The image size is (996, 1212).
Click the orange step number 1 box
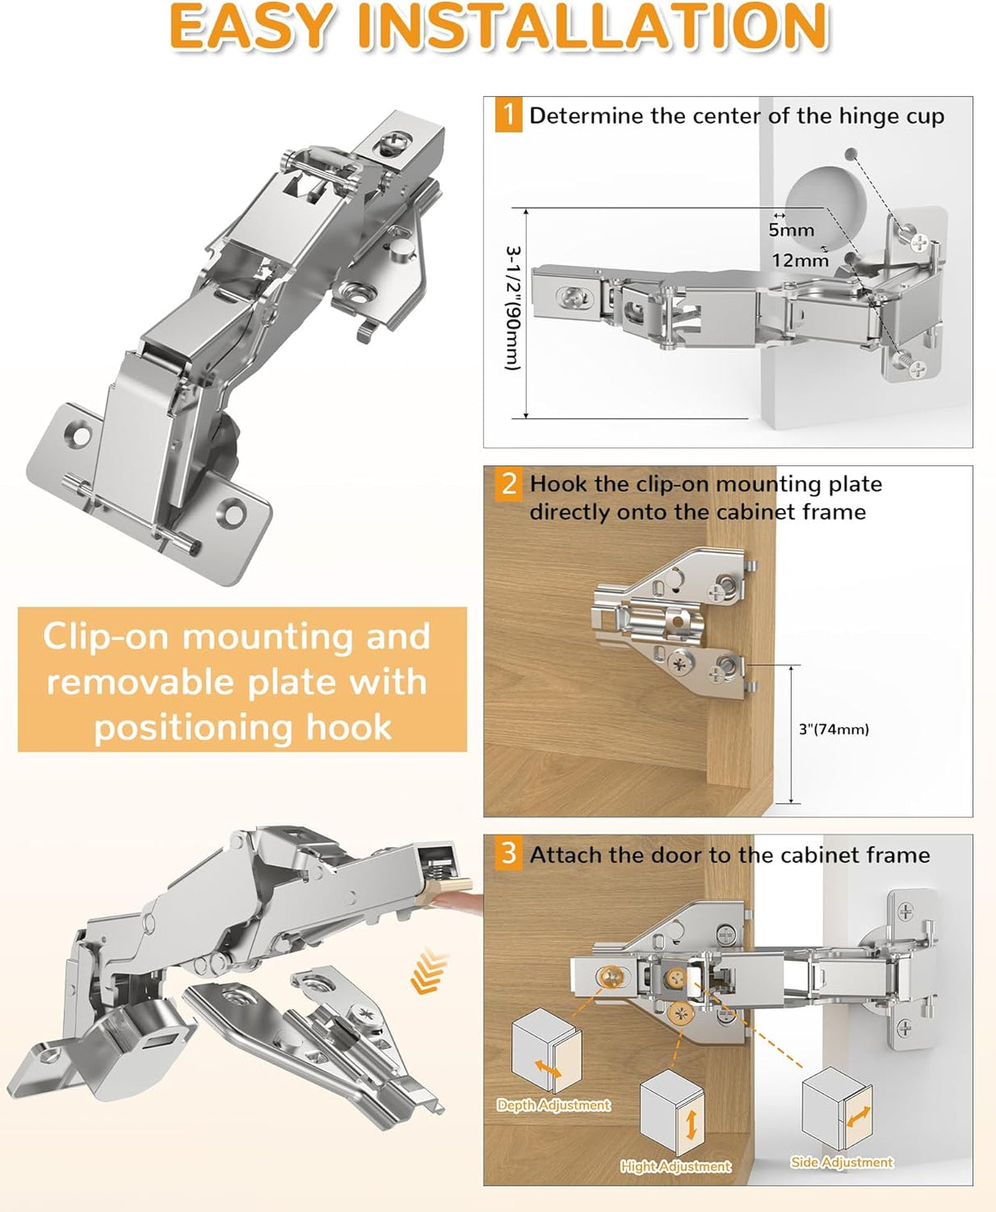click(x=509, y=114)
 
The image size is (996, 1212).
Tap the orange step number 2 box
click(x=509, y=483)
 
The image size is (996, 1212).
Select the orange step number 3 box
click(x=509, y=853)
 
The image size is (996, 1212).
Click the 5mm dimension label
click(x=791, y=231)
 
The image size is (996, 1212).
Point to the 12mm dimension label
click(x=800, y=261)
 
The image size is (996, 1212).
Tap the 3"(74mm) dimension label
click(x=834, y=729)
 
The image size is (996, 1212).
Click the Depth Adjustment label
click(x=554, y=1105)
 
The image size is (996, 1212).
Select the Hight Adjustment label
click(x=675, y=1166)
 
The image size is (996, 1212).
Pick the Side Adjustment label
click(x=842, y=1162)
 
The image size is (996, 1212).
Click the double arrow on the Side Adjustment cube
click(x=857, y=1117)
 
